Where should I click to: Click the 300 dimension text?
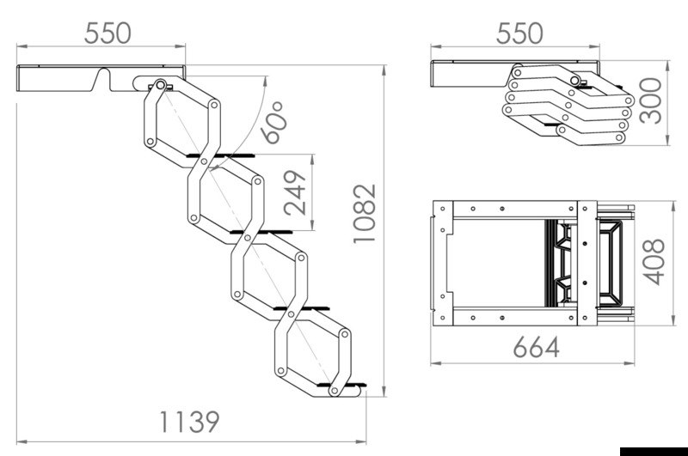(651, 101)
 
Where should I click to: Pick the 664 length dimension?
(537, 347)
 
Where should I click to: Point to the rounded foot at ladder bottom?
(345, 392)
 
